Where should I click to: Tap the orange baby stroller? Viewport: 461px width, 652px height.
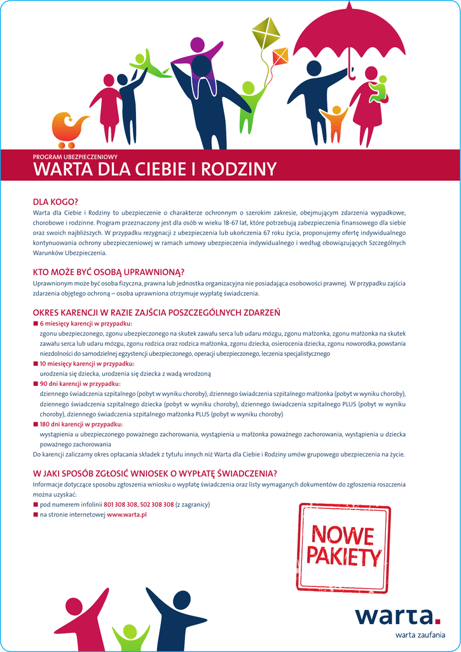coord(66,127)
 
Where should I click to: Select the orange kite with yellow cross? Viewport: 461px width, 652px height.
coord(280,57)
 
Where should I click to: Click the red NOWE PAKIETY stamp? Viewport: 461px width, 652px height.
coord(343,547)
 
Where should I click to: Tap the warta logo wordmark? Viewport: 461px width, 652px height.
coord(397,616)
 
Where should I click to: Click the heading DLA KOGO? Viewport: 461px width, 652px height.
coord(55,202)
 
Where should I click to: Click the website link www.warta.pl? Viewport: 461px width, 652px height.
coord(127,514)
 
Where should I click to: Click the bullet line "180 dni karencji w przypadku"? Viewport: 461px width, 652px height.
coord(81,424)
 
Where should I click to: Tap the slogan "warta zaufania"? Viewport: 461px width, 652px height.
coord(420,634)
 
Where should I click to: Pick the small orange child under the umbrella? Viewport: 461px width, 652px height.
coord(335,121)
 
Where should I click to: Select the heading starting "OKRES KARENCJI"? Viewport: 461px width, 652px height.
coord(156,313)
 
